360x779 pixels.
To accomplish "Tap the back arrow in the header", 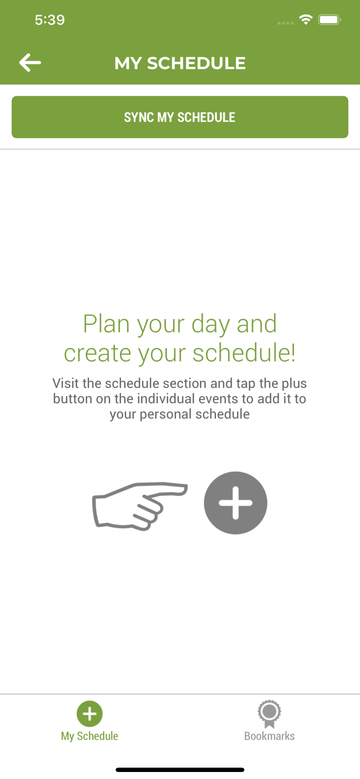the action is coord(30,63).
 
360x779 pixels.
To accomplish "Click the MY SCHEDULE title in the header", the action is coord(180,63).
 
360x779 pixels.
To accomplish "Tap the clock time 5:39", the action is coord(50,20).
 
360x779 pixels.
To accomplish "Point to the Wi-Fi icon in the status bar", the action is coord(306,19).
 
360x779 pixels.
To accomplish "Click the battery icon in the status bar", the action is coord(330,19).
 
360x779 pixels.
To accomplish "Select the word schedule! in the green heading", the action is coord(244,353).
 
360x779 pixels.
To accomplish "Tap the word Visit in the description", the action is coord(66,383).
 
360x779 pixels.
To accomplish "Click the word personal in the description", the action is coord(166,414).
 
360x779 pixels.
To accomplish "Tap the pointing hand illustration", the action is coord(140,506).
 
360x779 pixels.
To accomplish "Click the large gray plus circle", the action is coord(235,503).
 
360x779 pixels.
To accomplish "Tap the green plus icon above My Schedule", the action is coord(90,714).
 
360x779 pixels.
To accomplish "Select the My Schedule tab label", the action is coord(90,736).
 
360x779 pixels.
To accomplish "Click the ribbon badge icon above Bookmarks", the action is coord(269,714).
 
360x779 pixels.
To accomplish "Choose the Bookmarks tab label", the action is coord(269,736).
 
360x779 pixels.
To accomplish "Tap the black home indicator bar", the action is coord(180,770).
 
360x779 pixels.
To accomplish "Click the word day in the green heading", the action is coord(211,324).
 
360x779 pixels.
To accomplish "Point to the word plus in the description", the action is coord(294,384).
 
